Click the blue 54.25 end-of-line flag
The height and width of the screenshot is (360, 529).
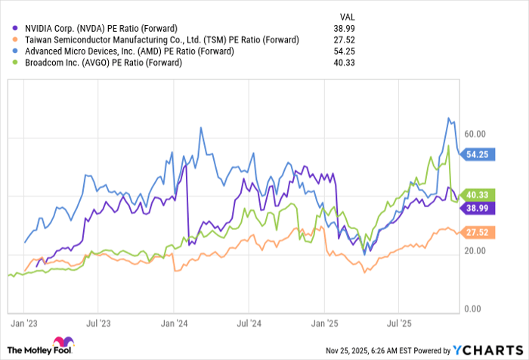click(x=480, y=154)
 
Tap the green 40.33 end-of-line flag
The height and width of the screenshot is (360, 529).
click(x=480, y=194)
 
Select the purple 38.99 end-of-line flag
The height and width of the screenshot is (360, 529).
click(x=480, y=206)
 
